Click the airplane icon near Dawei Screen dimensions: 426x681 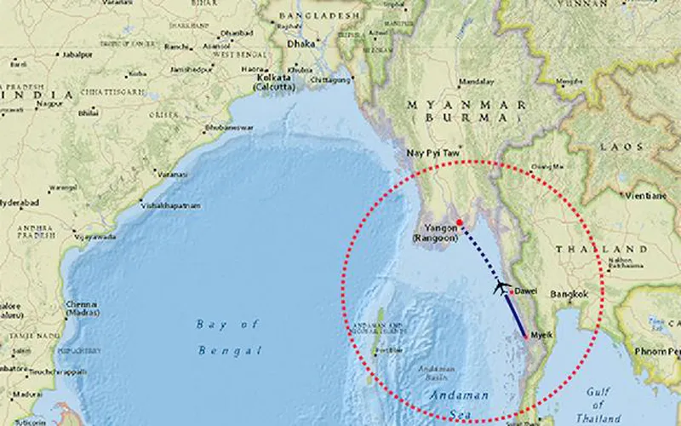coord(502,287)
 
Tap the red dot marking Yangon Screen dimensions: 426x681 coord(460,222)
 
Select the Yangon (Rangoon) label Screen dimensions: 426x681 coord(435,233)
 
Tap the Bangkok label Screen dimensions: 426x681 coord(570,294)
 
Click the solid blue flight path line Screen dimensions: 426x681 coord(518,315)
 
